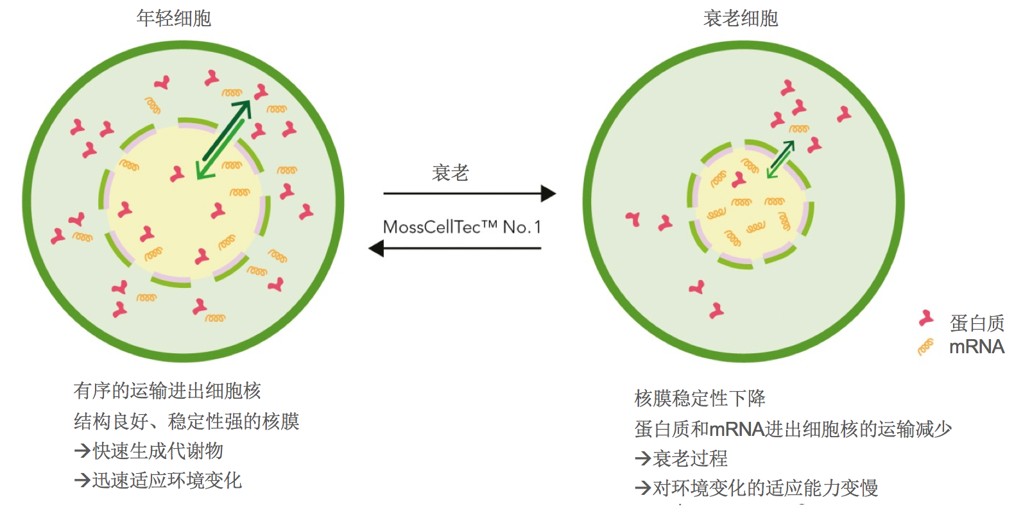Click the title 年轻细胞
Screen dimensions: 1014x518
pyautogui.click(x=174, y=19)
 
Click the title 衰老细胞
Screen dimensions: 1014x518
pyautogui.click(x=741, y=19)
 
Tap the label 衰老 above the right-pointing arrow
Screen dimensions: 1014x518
pyautogui.click(x=450, y=172)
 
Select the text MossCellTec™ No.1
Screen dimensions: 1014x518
pyautogui.click(x=461, y=227)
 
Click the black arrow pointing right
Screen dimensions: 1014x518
pyautogui.click(x=469, y=194)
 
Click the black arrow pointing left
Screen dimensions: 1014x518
pyautogui.click(x=455, y=248)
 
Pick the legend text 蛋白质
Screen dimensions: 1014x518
pyautogui.click(x=977, y=323)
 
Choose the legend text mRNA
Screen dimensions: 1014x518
pyautogui.click(x=976, y=347)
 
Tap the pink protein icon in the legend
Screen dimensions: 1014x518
pyautogui.click(x=926, y=318)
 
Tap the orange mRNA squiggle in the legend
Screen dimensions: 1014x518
pyautogui.click(x=925, y=347)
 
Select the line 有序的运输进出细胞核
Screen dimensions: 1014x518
pyautogui.click(x=167, y=390)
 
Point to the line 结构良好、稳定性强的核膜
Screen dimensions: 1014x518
pyautogui.click(x=186, y=421)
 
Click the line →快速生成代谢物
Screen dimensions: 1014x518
pyautogui.click(x=148, y=451)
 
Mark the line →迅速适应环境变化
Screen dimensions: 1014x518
pyautogui.click(x=158, y=480)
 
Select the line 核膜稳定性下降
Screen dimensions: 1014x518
pyautogui.click(x=700, y=398)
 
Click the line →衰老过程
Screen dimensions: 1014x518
pyautogui.click(x=682, y=458)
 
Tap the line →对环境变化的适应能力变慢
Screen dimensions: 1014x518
pyautogui.click(x=757, y=488)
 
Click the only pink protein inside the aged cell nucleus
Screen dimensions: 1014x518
pyautogui.click(x=739, y=180)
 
